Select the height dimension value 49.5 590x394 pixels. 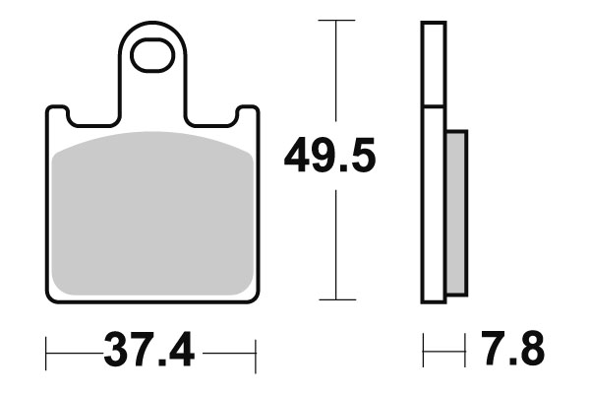(x=329, y=156)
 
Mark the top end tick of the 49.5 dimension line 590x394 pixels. (x=337, y=19)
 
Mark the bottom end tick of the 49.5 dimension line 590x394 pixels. (x=337, y=298)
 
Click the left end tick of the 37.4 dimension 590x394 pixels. (x=47, y=349)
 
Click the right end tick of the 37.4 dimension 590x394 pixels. (x=256, y=349)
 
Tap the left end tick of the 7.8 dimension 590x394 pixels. (x=424, y=349)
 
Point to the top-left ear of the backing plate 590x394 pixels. (x=56, y=115)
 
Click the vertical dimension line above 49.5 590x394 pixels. (x=337, y=69)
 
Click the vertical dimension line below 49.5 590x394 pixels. (x=337, y=246)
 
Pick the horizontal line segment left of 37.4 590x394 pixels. (x=74, y=349)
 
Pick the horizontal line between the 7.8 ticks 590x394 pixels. (x=444, y=349)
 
